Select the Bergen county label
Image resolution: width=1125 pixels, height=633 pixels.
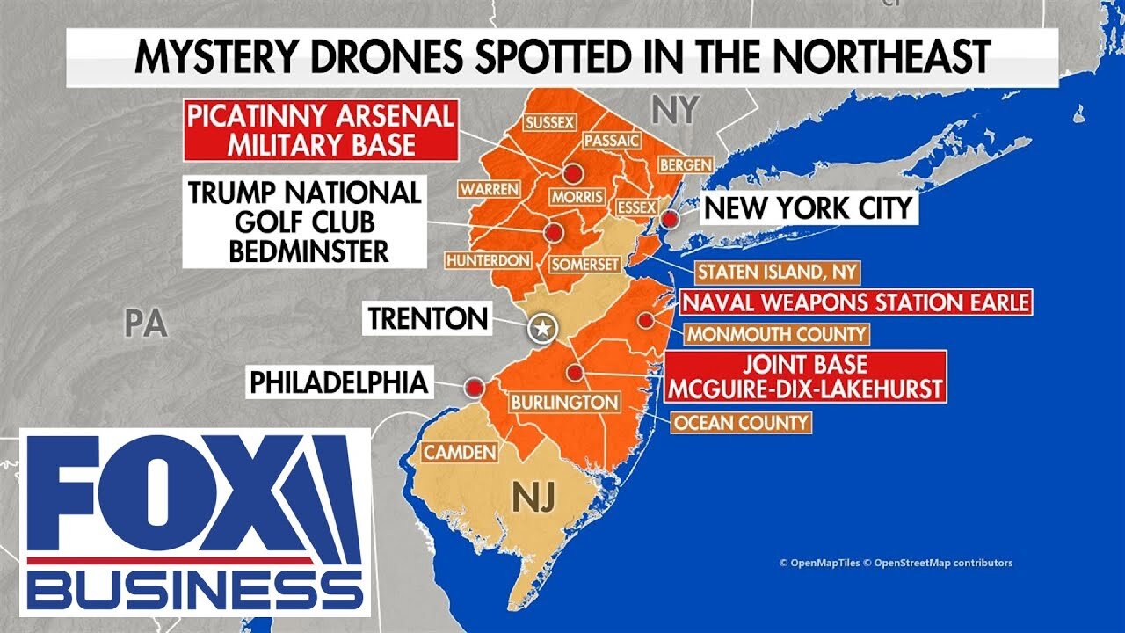tap(685, 164)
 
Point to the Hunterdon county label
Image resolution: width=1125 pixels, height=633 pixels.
tap(489, 260)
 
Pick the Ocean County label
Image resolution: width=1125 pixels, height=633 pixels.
tap(740, 423)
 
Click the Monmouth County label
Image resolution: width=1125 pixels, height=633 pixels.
tap(776, 334)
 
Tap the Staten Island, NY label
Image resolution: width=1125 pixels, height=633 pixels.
tap(779, 272)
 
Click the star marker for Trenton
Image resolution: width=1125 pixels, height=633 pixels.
tap(543, 330)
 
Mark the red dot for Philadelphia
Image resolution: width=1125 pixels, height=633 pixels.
tap(475, 386)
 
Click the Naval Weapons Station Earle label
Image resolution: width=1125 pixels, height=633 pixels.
tap(854, 303)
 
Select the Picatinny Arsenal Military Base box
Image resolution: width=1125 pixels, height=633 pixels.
tap(320, 130)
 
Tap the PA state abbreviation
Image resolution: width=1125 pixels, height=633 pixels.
tap(145, 324)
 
